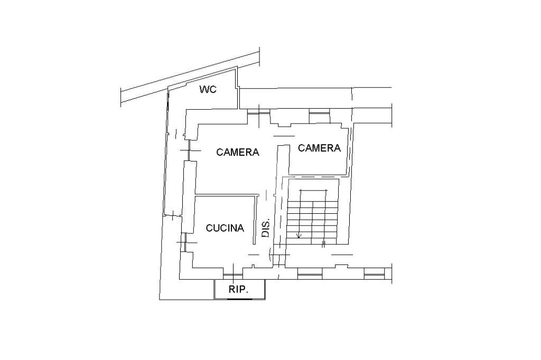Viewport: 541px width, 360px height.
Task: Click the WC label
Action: coord(208,89)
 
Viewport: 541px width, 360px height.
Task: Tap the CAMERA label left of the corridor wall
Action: coord(238,151)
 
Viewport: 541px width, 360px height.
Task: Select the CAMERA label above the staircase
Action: coord(319,148)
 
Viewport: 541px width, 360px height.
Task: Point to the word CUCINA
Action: coord(225,228)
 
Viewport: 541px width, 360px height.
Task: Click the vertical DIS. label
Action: coord(266,228)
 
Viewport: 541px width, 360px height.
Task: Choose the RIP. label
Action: coord(239,289)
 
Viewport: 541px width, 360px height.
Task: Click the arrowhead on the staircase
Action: coord(299,235)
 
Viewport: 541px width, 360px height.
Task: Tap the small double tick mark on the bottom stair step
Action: coord(324,244)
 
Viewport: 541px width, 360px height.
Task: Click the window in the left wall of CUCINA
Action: coord(184,242)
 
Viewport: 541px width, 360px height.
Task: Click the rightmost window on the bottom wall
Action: coord(375,274)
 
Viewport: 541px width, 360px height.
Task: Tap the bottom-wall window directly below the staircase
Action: coord(310,274)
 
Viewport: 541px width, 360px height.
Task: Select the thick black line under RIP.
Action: coord(239,299)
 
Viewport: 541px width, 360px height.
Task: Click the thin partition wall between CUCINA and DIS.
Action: coord(255,220)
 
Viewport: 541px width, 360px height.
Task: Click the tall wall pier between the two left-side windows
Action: coord(189,196)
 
